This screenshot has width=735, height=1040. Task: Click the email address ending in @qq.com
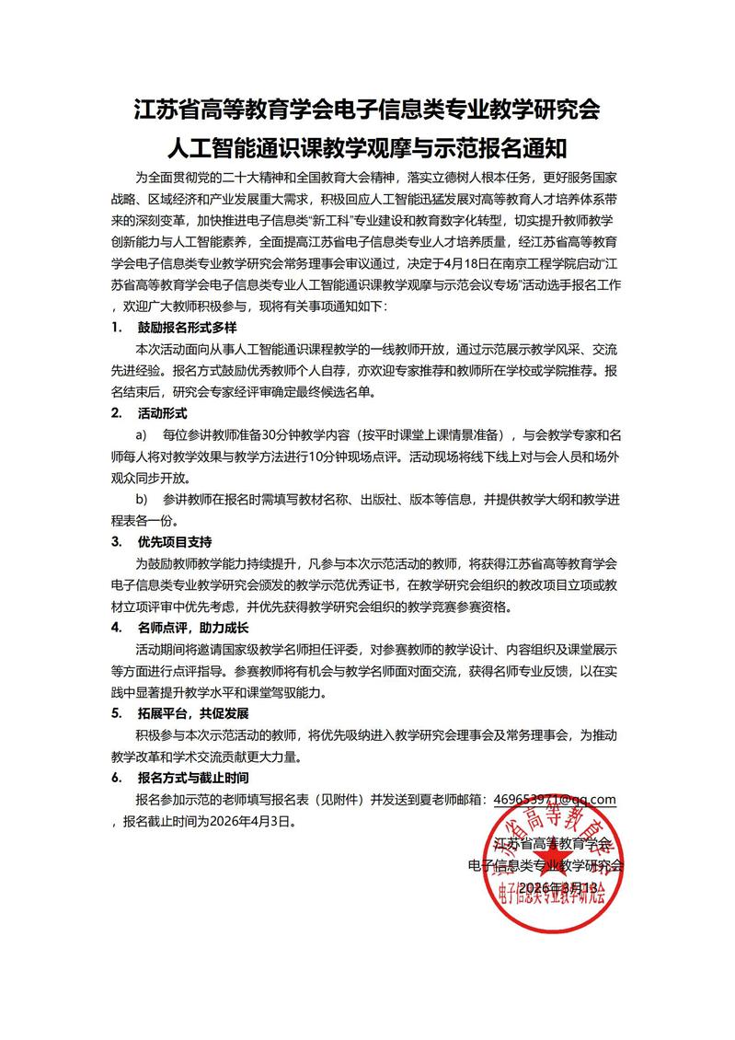pos(554,800)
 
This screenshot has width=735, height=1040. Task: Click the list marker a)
pos(142,433)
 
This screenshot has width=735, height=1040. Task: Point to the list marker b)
pos(142,498)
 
